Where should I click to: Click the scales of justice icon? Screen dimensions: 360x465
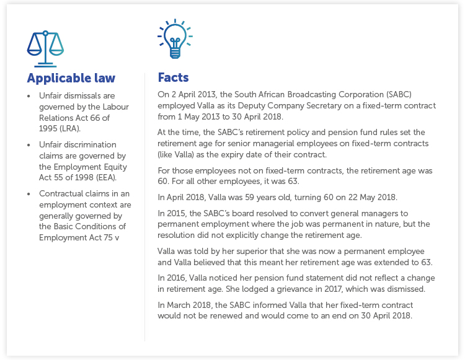[x=45, y=48]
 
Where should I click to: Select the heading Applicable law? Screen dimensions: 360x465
[x=71, y=79]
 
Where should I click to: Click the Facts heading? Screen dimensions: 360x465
[x=173, y=78]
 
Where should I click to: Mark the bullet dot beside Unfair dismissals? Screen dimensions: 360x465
[x=29, y=97]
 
